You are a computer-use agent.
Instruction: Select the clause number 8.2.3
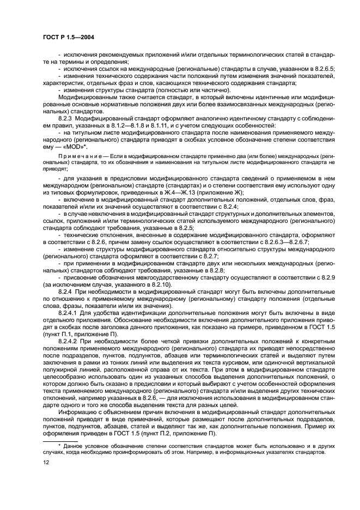click(x=66, y=118)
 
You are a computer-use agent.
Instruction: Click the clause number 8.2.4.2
click(x=69, y=341)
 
